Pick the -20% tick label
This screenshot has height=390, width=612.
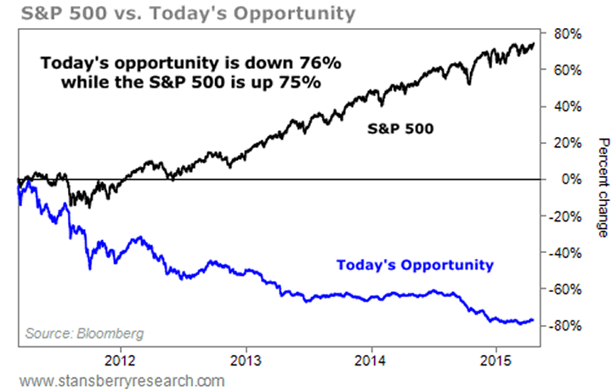pos(566,216)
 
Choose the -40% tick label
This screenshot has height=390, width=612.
pos(566,253)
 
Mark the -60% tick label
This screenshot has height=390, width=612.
pos(566,290)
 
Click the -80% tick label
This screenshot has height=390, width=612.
pos(566,326)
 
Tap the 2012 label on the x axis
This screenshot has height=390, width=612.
pos(120,359)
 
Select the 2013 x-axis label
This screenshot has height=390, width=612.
pos(246,359)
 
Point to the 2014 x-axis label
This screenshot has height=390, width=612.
pos(371,359)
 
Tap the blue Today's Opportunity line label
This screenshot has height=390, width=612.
pos(415,265)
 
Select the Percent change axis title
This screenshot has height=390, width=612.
pos(600,187)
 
